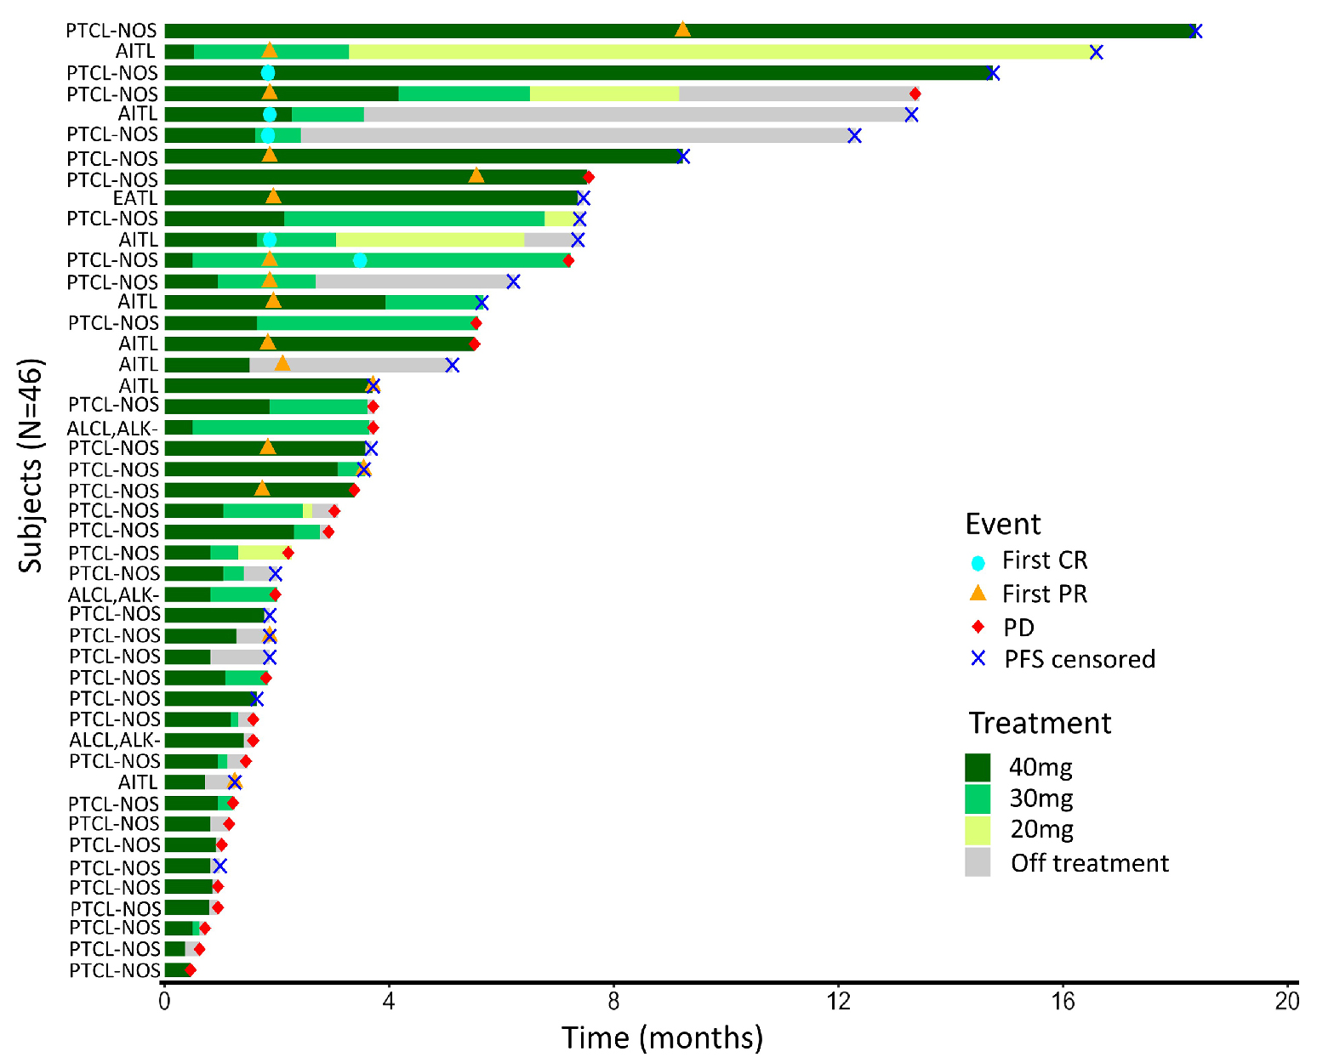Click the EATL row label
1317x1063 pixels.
click(x=134, y=198)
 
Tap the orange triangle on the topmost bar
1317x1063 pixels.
click(x=682, y=30)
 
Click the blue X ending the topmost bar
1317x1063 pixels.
click(x=1195, y=31)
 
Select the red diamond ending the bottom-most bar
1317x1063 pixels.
click(x=190, y=970)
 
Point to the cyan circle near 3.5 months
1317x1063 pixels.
click(x=360, y=260)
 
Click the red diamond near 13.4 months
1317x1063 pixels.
click(x=915, y=94)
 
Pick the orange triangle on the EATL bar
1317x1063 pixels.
click(x=273, y=196)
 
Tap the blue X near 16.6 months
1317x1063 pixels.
click(x=1097, y=53)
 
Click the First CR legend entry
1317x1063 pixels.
click(x=1044, y=561)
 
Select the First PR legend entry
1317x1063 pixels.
click(x=1044, y=594)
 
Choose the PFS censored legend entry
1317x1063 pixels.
click(x=1079, y=659)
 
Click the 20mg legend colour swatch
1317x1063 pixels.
click(x=978, y=830)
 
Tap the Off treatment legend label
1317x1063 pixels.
click(x=1089, y=863)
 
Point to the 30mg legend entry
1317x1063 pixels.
click(x=1040, y=799)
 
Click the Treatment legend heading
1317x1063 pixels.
click(x=1040, y=723)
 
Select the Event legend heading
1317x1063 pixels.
click(x=1002, y=524)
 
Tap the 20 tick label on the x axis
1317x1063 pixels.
click(x=1287, y=1001)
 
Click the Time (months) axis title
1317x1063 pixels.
click(x=662, y=1037)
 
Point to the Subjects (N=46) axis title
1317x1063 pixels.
click(x=31, y=465)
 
